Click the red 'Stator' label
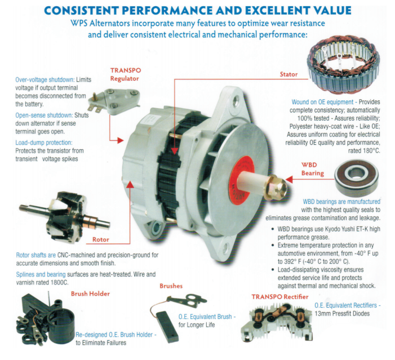point(289,74)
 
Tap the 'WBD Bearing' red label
point(312,169)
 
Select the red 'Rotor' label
point(100,239)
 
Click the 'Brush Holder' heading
point(90,294)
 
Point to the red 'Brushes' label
point(171,286)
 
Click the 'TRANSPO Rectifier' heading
point(280,297)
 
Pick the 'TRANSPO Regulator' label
point(126,74)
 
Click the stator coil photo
point(343,64)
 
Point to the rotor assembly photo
point(64,217)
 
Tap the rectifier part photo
point(277,322)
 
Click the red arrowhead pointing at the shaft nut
point(289,180)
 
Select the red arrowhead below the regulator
point(121,140)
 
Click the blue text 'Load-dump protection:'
point(44,143)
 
